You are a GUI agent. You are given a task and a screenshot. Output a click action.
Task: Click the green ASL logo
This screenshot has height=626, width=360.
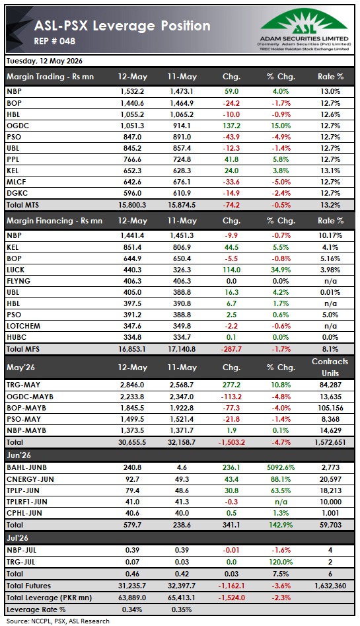[304, 22]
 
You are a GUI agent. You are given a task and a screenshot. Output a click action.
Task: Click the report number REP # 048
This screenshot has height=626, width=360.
[55, 41]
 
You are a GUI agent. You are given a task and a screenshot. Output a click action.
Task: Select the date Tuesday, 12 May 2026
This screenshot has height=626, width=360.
[45, 61]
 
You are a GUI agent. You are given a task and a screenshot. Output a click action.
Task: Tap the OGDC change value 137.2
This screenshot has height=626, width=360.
[231, 126]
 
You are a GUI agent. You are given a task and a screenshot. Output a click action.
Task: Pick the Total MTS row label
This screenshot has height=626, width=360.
[22, 205]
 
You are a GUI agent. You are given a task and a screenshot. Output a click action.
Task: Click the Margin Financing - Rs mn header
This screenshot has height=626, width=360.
[55, 220]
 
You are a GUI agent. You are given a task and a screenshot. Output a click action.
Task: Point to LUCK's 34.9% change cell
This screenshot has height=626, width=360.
[281, 270]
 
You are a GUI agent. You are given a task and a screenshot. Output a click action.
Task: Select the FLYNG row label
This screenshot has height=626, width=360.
[18, 281]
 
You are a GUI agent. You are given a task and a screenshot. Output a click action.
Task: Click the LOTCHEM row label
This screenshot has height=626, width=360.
[24, 326]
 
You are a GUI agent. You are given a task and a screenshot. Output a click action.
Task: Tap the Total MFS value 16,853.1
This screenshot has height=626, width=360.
[132, 349]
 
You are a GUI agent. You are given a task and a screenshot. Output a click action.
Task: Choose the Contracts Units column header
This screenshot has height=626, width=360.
[330, 368]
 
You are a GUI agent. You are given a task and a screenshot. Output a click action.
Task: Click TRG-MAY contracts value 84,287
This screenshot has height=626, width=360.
[330, 385]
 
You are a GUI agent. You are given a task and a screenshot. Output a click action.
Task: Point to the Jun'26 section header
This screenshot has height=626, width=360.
[18, 455]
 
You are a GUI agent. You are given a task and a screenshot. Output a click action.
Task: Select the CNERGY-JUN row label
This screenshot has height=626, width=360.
[30, 479]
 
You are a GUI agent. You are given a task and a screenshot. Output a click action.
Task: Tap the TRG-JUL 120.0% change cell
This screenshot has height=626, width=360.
[281, 562]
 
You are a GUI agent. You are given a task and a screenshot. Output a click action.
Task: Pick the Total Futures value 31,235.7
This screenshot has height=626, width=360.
[132, 586]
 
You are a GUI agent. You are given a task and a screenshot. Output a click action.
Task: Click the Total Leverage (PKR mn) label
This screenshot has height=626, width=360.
[49, 598]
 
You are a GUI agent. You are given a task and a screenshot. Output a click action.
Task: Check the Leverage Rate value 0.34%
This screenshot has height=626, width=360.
[132, 609]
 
